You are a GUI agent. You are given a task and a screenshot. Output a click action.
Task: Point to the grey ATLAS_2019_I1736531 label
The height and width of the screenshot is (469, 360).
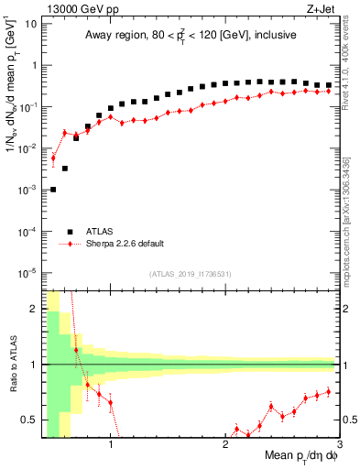click(x=190, y=274)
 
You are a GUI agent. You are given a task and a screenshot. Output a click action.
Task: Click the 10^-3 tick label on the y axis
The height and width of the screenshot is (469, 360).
click(x=27, y=190)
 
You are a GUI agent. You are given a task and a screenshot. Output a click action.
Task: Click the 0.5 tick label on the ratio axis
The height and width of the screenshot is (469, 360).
click(x=29, y=420)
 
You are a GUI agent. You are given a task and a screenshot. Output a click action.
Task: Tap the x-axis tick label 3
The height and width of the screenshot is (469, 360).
click(x=339, y=446)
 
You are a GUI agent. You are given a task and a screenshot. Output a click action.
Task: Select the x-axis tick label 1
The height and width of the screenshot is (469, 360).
click(x=110, y=446)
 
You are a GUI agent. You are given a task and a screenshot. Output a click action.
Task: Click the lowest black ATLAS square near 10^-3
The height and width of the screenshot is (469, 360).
click(x=53, y=190)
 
